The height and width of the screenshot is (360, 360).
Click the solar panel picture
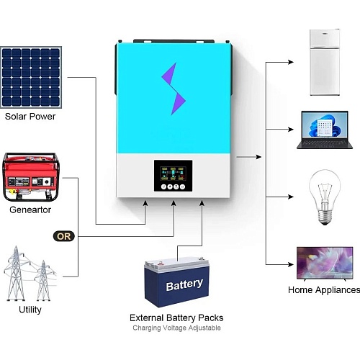(31, 77)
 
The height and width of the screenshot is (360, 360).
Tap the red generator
(31, 177)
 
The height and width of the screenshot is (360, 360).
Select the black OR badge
(64, 236)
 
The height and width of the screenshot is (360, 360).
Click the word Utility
(30, 310)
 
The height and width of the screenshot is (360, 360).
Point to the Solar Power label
(30, 117)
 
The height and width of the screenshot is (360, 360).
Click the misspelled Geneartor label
(30, 210)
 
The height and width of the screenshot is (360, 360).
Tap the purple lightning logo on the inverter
(174, 89)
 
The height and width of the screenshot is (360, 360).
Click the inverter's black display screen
(173, 176)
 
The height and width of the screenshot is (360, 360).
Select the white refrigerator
(325, 63)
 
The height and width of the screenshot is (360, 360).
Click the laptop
(325, 130)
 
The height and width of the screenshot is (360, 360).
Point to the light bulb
(325, 197)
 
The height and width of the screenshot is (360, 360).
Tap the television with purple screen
(325, 264)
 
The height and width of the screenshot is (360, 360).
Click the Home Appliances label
(324, 290)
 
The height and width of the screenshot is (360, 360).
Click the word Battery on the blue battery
(184, 285)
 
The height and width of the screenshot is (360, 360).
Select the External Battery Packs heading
(176, 318)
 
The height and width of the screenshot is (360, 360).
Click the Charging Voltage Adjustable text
(176, 328)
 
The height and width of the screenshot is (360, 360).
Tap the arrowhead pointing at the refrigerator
(291, 62)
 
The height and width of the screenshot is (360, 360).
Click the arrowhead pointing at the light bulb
(291, 197)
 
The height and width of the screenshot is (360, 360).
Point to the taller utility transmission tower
(16, 273)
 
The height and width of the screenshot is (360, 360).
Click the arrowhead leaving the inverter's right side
(258, 157)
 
